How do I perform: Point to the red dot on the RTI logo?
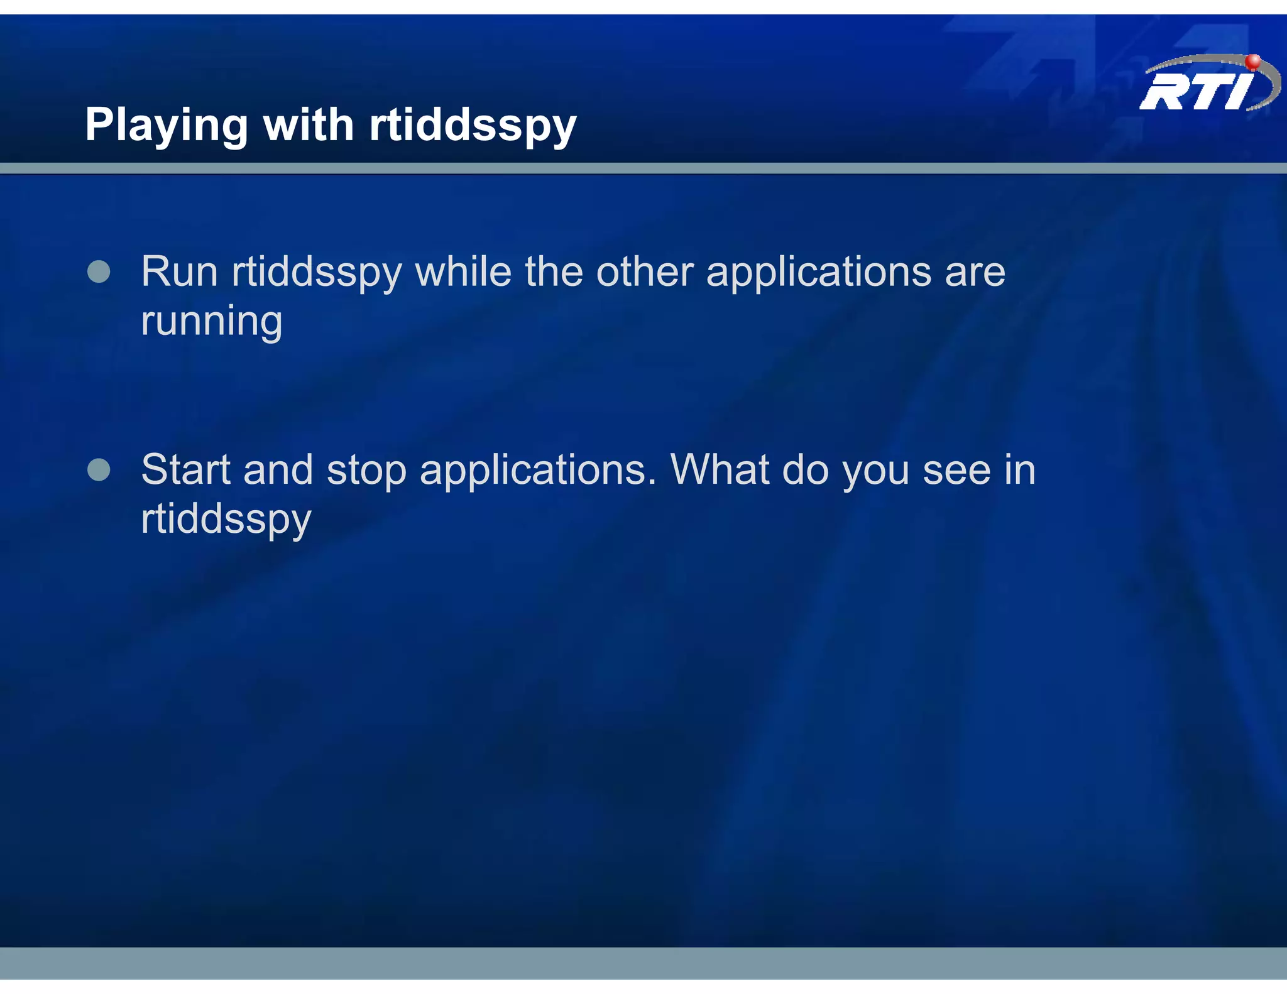pyautogui.click(x=1252, y=62)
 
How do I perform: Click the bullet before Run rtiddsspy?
pyautogui.click(x=99, y=272)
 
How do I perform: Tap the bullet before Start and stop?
pyautogui.click(x=99, y=469)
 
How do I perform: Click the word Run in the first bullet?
pyautogui.click(x=179, y=272)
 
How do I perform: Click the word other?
pyautogui.click(x=644, y=272)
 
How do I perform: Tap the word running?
pyautogui.click(x=212, y=322)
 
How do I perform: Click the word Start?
pyautogui.click(x=186, y=469)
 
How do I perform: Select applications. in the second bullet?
pyautogui.click(x=538, y=471)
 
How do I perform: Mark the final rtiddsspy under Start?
pyautogui.click(x=226, y=520)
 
